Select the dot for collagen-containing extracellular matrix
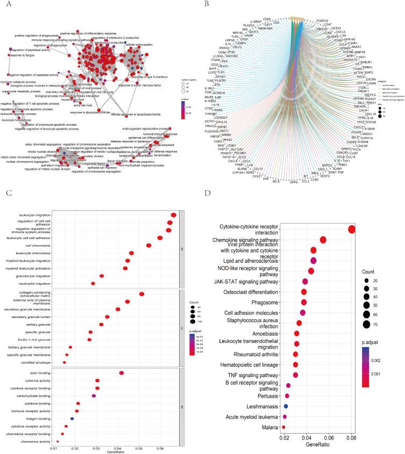click(141, 294)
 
